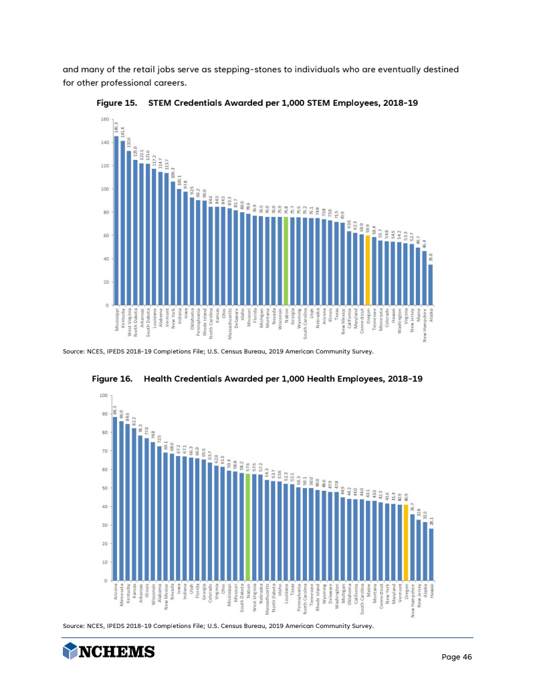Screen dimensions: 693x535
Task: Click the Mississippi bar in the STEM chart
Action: pos(114,221)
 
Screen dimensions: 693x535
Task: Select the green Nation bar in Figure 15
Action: pos(286,261)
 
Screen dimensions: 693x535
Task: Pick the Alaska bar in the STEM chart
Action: pos(431,285)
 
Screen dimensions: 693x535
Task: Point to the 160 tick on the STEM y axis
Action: pos(104,119)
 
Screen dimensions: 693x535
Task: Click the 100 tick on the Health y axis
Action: pos(104,395)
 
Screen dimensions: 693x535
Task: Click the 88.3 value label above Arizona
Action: pos(115,410)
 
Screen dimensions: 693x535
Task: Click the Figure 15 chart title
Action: pos(257,102)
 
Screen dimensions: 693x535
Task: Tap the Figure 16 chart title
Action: pos(257,379)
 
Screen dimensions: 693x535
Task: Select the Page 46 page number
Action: pos(457,657)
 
